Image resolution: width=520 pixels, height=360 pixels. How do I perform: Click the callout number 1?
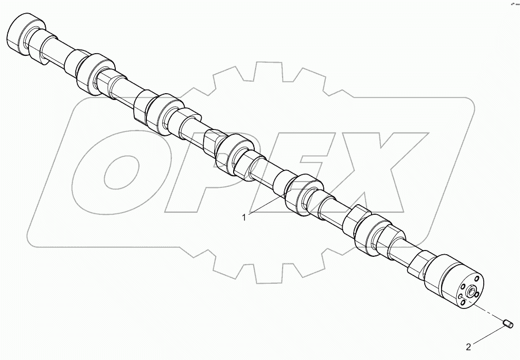point(244,217)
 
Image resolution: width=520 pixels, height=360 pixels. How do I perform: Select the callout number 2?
point(468,346)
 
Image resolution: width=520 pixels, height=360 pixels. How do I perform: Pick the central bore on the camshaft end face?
point(469,289)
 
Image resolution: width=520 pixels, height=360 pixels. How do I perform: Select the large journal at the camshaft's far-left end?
point(26,33)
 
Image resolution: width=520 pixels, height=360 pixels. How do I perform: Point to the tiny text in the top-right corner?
point(514,4)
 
